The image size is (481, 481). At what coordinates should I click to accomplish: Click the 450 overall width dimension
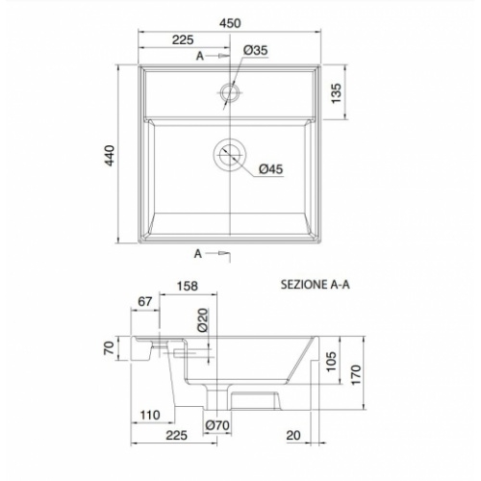pyautogui.click(x=230, y=23)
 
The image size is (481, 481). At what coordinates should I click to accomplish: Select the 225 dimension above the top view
pyautogui.click(x=185, y=39)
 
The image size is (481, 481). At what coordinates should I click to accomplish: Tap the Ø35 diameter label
pyautogui.click(x=255, y=50)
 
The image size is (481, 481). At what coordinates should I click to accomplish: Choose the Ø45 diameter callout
pyautogui.click(x=270, y=169)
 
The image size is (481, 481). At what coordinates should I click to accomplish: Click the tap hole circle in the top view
pyautogui.click(x=230, y=92)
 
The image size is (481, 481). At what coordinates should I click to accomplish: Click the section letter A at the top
pyautogui.click(x=199, y=58)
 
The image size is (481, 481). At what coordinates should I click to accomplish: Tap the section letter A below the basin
pyautogui.click(x=198, y=254)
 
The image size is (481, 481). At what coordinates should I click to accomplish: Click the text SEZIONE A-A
pyautogui.click(x=315, y=286)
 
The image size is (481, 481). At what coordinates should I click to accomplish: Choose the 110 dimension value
pyautogui.click(x=149, y=415)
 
